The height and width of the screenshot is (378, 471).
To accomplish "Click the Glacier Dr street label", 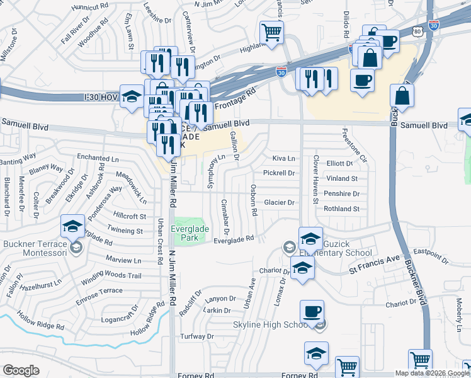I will pos(279,202).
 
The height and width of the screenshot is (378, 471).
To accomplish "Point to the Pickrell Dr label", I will pos(279,173).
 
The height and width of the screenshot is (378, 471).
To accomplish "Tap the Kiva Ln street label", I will pos(283,157).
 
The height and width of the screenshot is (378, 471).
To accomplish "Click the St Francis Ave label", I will pos(375,258).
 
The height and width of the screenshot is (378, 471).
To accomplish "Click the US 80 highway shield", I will pos(418,30).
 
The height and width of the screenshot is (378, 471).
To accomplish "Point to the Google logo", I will pos(21,370).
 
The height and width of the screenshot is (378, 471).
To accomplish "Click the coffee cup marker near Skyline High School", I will pos(312,311).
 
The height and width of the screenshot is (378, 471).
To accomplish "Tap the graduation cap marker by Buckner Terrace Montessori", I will pos(73,225).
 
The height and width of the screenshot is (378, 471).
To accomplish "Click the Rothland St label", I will pos(341,209).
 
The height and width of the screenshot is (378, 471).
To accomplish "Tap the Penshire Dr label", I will pos(341,194).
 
